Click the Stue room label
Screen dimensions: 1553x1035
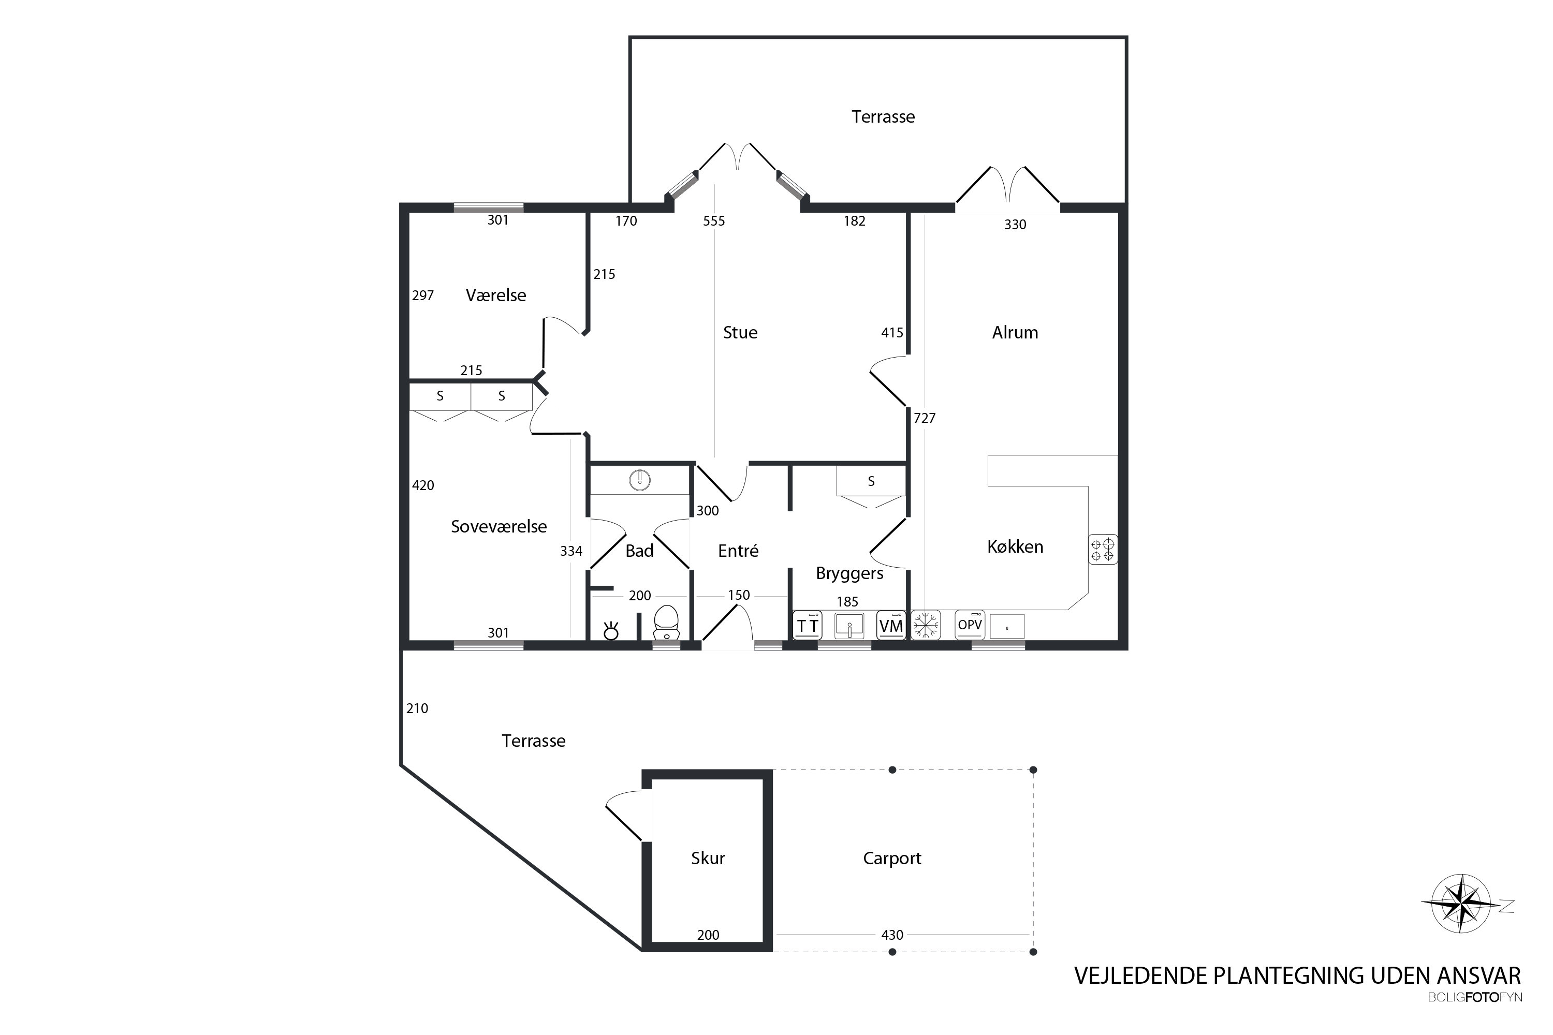click(740, 333)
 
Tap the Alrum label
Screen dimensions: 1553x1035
click(1015, 333)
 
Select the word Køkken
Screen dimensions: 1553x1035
click(1015, 546)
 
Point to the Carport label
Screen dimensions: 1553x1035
click(891, 859)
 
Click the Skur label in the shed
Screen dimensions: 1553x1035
click(708, 858)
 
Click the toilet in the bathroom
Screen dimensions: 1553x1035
click(666, 623)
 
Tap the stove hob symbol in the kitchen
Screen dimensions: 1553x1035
click(1103, 549)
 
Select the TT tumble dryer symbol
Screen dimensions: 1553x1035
click(808, 625)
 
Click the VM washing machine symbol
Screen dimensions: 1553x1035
click(891, 625)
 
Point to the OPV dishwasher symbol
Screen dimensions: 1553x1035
click(970, 625)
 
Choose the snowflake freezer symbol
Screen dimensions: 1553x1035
click(926, 625)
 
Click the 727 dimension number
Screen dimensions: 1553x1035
click(925, 418)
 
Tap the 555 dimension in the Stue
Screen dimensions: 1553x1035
click(714, 221)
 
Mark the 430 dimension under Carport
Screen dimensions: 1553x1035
click(892, 935)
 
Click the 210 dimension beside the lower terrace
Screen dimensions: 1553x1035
click(417, 708)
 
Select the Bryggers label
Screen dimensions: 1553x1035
click(849, 573)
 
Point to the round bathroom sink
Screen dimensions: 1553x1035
click(640, 480)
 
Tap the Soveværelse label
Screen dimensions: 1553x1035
click(499, 527)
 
